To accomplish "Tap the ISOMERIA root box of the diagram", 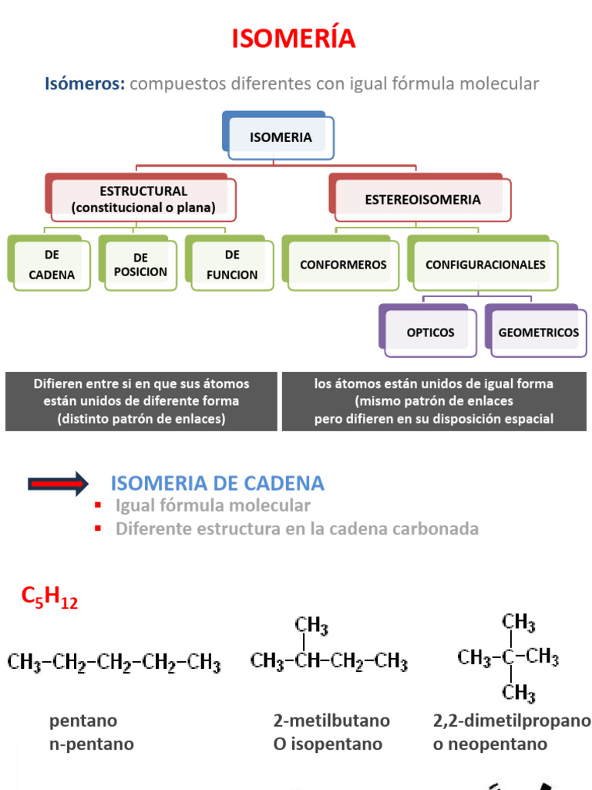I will (281, 138).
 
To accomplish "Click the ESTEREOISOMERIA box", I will (422, 200).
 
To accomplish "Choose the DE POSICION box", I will (140, 265).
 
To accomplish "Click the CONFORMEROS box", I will (343, 265).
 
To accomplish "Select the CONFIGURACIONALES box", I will (485, 265).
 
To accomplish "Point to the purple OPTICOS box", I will (430, 333).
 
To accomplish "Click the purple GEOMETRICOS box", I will (538, 333).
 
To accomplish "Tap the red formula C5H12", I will (49, 598).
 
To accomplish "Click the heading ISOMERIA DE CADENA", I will (217, 484).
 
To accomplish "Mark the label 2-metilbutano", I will (331, 721).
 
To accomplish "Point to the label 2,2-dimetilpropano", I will (512, 721).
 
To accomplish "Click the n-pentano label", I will (92, 744).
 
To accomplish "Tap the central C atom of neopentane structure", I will (509, 658).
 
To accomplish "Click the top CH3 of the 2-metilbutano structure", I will (310, 623).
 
